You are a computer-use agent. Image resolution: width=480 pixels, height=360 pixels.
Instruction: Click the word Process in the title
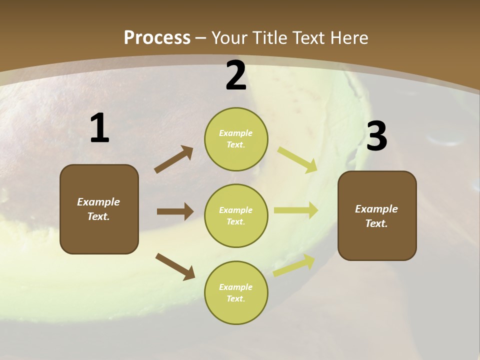[x=157, y=37]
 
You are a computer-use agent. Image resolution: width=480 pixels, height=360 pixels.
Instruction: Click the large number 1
[x=99, y=128]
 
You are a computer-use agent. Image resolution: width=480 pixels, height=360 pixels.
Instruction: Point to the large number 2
[x=236, y=75]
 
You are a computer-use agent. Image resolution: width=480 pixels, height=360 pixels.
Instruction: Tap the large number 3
[x=376, y=136]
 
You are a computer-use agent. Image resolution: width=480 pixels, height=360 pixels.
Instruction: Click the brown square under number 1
[x=99, y=209]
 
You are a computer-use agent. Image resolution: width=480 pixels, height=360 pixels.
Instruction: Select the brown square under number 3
[x=377, y=215]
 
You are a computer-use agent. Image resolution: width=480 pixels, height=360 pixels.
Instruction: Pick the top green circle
[x=236, y=138]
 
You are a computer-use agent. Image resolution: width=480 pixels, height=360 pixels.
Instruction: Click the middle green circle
[x=236, y=215]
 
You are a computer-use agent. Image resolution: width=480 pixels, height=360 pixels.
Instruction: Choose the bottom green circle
[x=236, y=292]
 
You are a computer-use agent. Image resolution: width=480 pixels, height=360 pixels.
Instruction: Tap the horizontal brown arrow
[x=175, y=211]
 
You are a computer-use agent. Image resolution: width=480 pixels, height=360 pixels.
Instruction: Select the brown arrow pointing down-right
[x=175, y=266]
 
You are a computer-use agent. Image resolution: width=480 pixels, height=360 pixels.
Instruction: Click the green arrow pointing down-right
[x=297, y=159]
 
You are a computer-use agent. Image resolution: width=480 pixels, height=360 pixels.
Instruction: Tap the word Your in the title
[x=229, y=37]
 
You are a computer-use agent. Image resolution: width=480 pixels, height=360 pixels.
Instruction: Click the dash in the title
[x=201, y=38]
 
